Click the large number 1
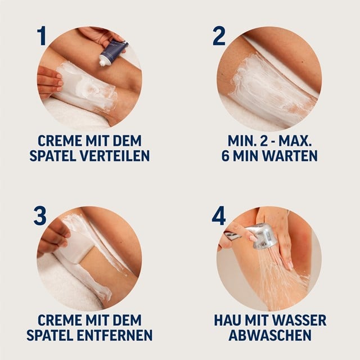[41, 35]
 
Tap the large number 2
[219, 35]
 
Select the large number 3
[40, 216]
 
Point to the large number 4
[219, 216]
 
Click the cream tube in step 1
[112, 51]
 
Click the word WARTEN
[288, 156]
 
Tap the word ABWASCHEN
[269, 336]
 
